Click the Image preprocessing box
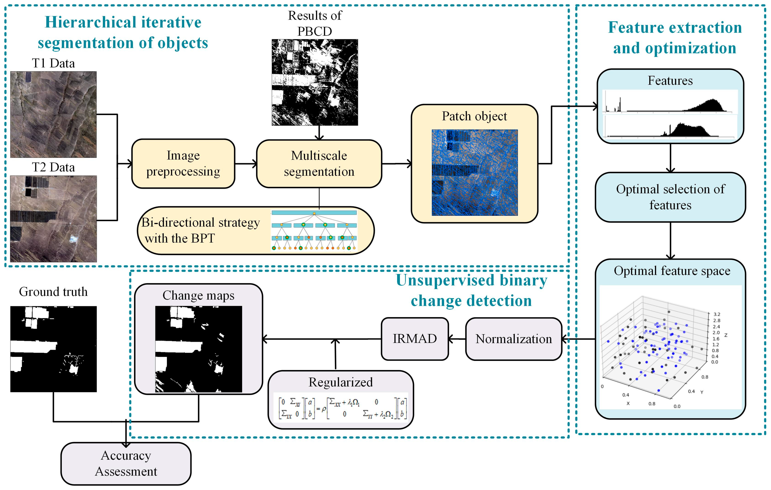183,163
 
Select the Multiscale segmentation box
319,163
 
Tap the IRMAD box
415,339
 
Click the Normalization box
514,339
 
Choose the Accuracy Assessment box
126,463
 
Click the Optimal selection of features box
670,197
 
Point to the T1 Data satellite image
54,114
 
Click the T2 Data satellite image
54,219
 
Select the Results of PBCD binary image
315,82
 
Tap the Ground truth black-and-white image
54,349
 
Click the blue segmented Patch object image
474,172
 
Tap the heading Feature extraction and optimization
675,38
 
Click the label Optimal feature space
672,271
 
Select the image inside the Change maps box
198,349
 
